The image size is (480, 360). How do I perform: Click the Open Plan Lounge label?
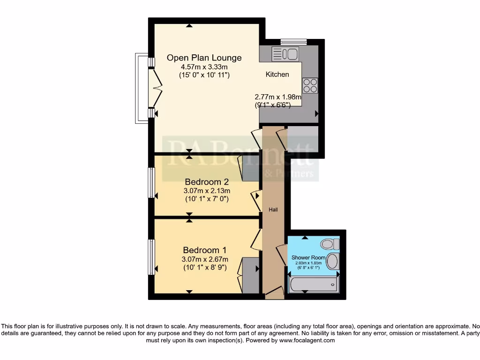pos(204,58)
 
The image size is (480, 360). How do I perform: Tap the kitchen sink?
pos(285,54)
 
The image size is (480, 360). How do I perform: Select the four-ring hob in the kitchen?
pos(310,86)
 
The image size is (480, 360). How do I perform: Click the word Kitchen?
pos(277,75)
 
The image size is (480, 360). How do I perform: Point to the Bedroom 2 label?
pos(207,182)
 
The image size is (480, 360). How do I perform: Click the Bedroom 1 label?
pos(205,250)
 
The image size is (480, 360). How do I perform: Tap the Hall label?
pos(273,210)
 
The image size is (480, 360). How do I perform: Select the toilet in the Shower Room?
pos(330,244)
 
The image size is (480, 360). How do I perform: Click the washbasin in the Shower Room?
pos(332,262)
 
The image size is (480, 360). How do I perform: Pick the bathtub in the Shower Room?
pos(313,284)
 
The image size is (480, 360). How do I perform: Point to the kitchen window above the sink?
pos(293,42)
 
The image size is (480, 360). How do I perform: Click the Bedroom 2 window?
pos(151,182)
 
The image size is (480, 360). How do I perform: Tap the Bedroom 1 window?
pos(151,257)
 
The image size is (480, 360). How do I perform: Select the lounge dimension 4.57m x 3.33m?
pos(204,67)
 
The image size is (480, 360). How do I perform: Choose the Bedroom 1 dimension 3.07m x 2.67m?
pos(205,259)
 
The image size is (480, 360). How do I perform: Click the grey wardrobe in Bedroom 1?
pos(251,275)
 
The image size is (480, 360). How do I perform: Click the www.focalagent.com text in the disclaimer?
pos(307,341)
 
